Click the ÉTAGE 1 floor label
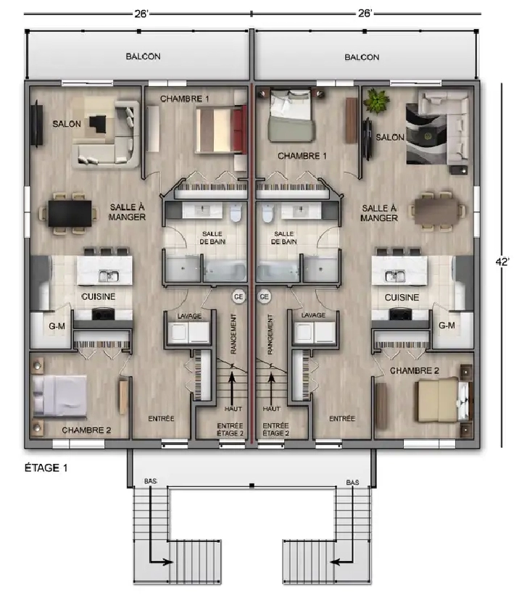(46, 467)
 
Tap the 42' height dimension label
(502, 262)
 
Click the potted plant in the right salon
(376, 101)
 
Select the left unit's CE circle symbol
(238, 296)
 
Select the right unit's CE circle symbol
(265, 296)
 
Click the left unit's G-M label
(57, 326)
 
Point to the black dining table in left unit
(70, 213)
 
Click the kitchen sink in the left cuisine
(108, 275)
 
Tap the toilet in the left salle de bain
(236, 213)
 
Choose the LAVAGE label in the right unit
(313, 315)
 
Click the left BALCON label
(143, 56)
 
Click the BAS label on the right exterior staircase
(352, 482)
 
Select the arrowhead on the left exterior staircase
(168, 562)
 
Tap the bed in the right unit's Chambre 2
(443, 400)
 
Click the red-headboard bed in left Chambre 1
(221, 130)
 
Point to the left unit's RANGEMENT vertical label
(233, 334)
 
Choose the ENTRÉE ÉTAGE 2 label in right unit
(275, 429)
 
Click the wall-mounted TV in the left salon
(37, 123)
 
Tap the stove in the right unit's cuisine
(400, 314)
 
